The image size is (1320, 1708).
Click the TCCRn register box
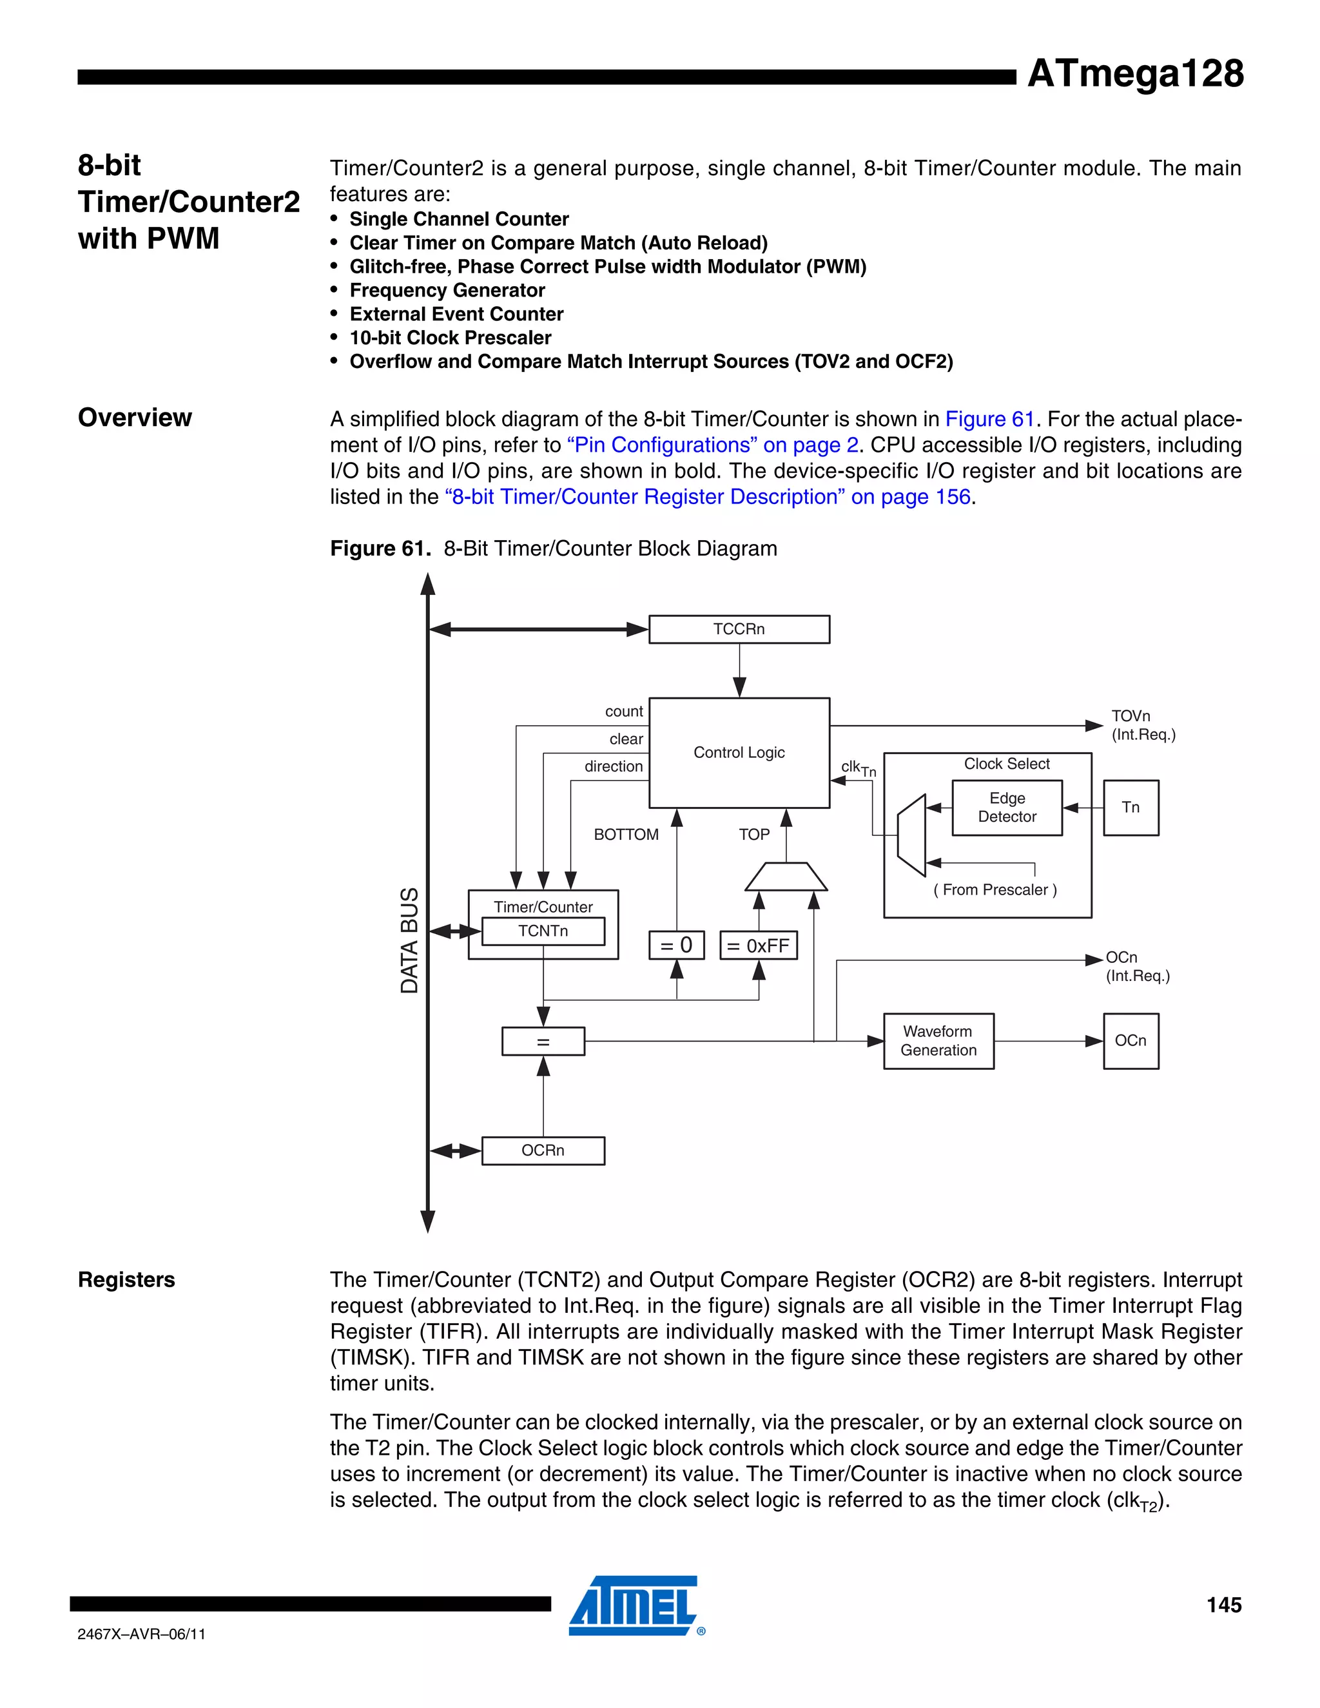click(739, 629)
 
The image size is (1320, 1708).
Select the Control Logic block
click(739, 752)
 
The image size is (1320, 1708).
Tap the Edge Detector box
click(1006, 807)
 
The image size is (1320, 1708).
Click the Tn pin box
click(1130, 807)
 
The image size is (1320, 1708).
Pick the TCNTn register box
click(543, 931)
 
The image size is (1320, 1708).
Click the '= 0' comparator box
click(676, 945)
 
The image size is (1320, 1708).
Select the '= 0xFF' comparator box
click(758, 945)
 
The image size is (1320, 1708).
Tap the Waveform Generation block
click(938, 1041)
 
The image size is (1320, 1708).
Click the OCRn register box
click(543, 1150)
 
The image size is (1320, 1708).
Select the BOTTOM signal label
click(626, 835)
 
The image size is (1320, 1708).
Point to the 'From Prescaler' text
click(995, 889)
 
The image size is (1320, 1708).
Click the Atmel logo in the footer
click(634, 1605)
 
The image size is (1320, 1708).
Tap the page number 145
click(1223, 1605)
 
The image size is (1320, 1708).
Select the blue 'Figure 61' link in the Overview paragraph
click(989, 419)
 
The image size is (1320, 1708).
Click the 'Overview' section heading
click(135, 418)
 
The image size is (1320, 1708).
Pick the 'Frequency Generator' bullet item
click(447, 290)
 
